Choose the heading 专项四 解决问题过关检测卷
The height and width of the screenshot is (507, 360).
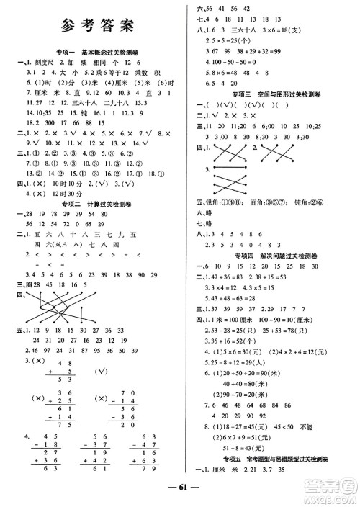coord(267,255)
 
